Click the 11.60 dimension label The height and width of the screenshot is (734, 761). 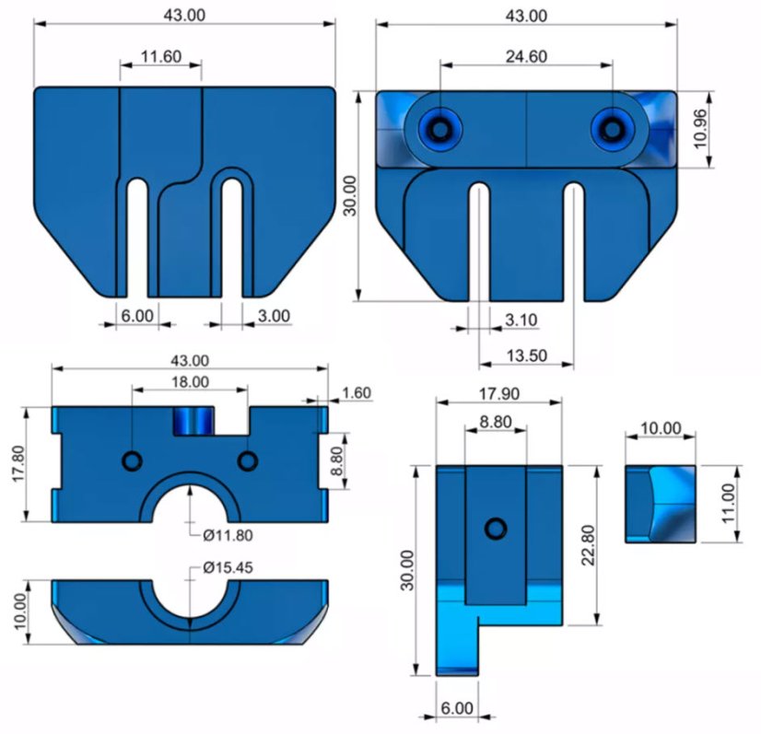pyautogui.click(x=161, y=57)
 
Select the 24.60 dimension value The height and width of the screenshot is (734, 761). pyautogui.click(x=526, y=56)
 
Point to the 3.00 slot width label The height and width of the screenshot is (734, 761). pyautogui.click(x=273, y=315)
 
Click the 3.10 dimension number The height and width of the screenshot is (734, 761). pyautogui.click(x=521, y=320)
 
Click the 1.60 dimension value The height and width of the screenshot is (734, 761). pyautogui.click(x=356, y=393)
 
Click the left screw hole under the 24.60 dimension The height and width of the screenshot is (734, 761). pyautogui.click(x=439, y=129)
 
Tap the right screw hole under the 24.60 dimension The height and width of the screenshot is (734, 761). pyautogui.click(x=609, y=129)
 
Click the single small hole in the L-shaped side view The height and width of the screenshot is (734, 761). pyautogui.click(x=497, y=528)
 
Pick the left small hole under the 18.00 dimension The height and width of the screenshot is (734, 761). pyautogui.click(x=133, y=460)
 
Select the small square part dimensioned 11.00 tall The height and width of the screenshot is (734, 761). pyautogui.click(x=661, y=504)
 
